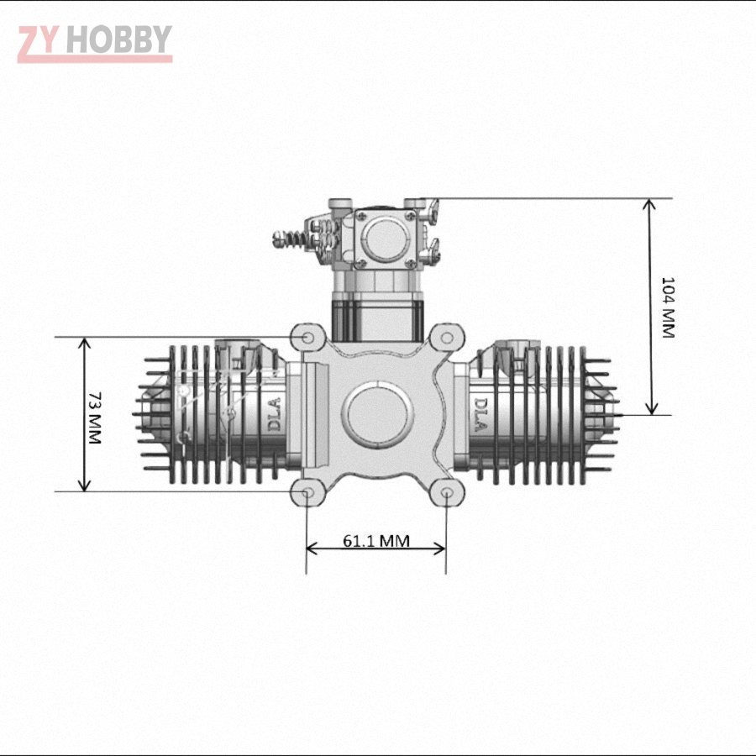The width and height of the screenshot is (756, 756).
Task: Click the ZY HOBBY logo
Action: (94, 43)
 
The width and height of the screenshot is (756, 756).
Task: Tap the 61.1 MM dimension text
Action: (375, 540)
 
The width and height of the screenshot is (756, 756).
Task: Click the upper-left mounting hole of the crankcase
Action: (307, 338)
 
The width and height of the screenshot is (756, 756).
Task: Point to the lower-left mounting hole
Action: (307, 491)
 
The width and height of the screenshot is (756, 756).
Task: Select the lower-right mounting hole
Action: (446, 492)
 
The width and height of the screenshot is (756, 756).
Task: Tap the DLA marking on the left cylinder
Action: (274, 414)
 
